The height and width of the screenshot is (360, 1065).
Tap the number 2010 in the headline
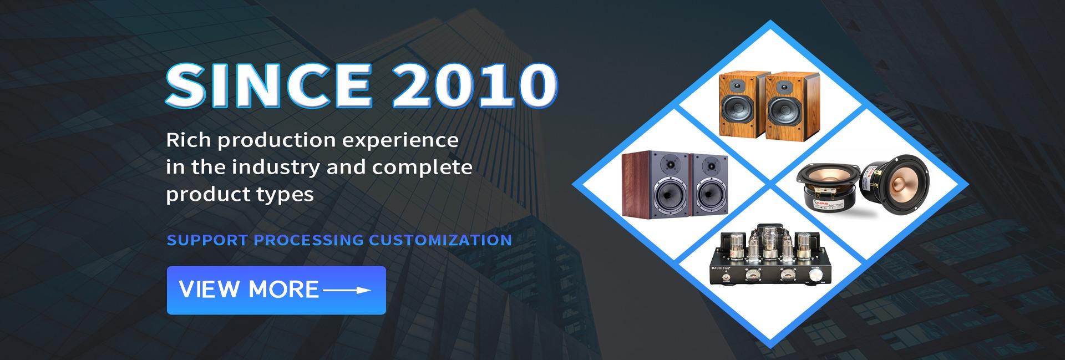[474, 85]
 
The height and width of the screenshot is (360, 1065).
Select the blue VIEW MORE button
[276, 290]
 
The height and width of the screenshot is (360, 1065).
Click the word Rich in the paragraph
[189, 140]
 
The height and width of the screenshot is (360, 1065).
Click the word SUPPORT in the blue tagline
[207, 240]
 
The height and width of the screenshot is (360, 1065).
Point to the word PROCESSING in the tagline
[308, 240]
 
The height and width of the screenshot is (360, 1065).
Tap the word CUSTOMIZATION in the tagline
[440, 240]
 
